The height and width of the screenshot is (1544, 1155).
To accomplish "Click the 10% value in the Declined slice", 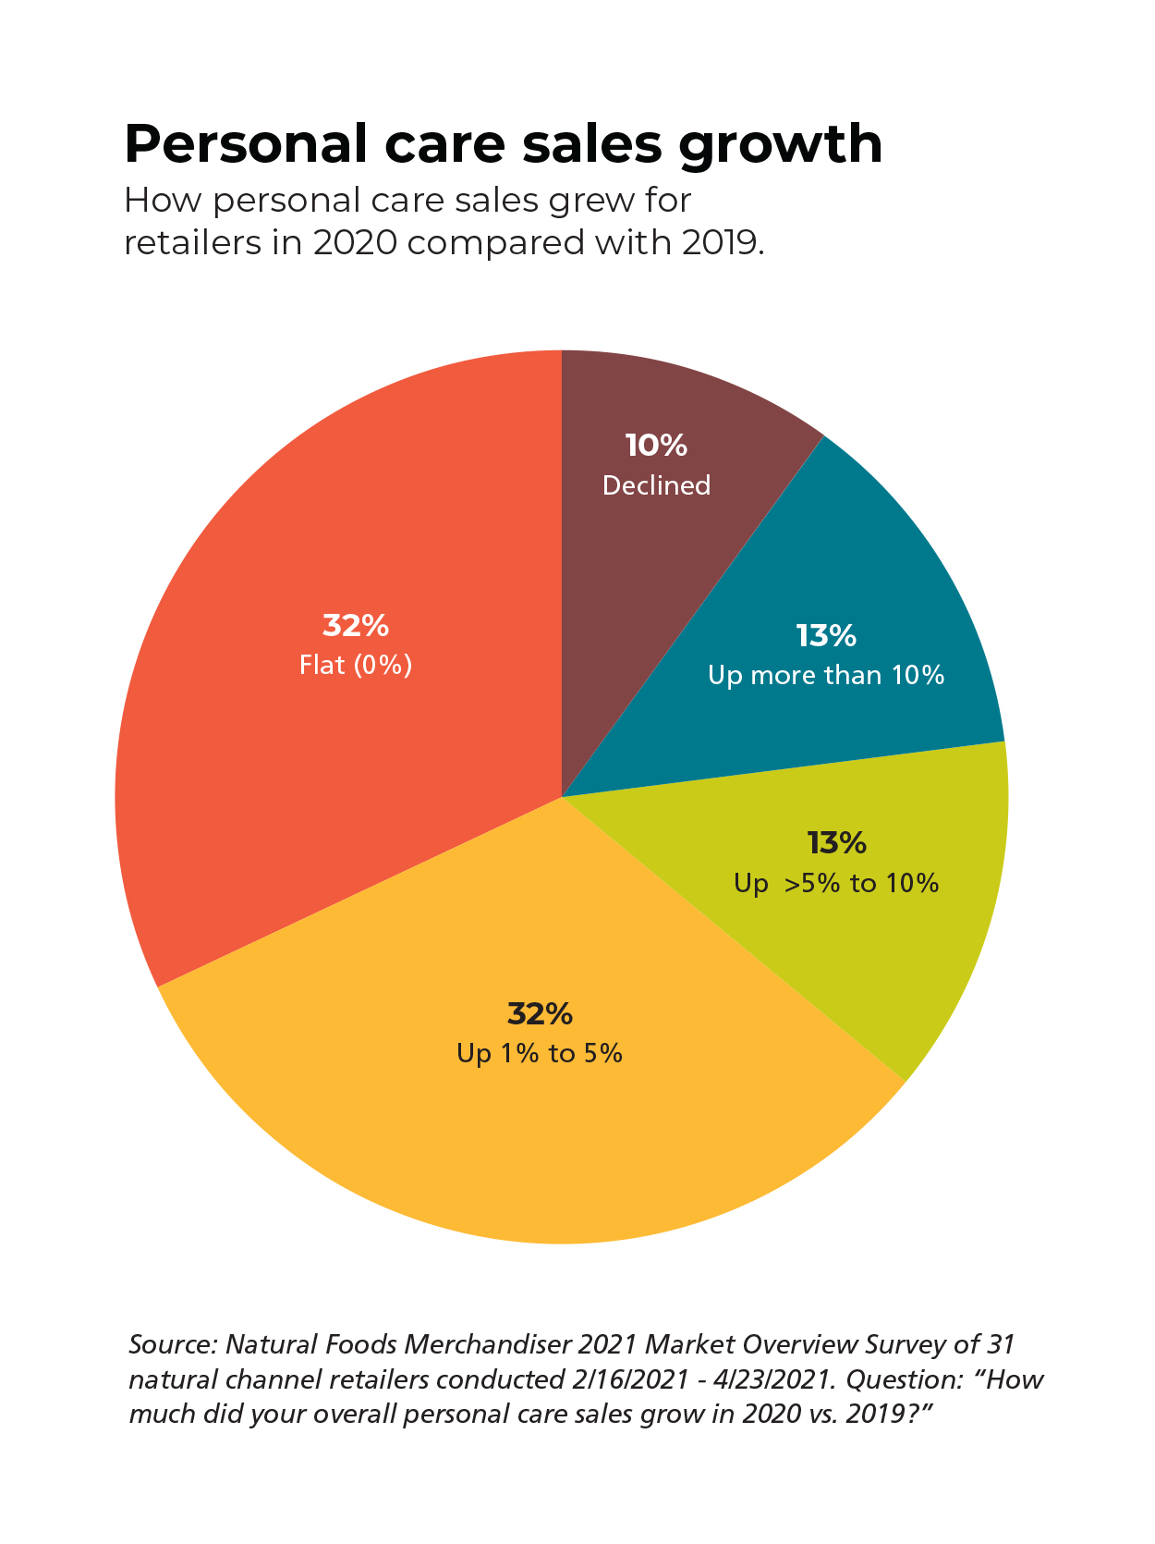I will pos(656,446).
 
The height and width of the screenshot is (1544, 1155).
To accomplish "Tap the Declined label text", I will pos(656,485).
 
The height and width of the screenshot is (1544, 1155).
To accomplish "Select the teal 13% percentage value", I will pos(826,636).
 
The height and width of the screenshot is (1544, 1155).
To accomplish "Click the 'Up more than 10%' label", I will pos(826,676).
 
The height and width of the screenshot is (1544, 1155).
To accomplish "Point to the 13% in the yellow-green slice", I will pos(836,843).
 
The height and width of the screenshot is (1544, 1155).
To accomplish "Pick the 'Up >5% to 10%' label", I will pos(836,884).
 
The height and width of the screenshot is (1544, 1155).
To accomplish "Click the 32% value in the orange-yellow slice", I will pos(540,1014).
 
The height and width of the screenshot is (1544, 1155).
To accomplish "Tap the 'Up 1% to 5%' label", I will pos(540,1054).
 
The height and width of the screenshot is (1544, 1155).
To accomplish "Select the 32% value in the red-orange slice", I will pos(356,626).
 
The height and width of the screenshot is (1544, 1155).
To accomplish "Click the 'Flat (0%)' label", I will pos(356,666).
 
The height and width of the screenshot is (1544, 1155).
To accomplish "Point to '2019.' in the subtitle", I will pos(723,243).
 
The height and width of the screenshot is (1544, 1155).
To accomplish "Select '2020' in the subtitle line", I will pos(355,243).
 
